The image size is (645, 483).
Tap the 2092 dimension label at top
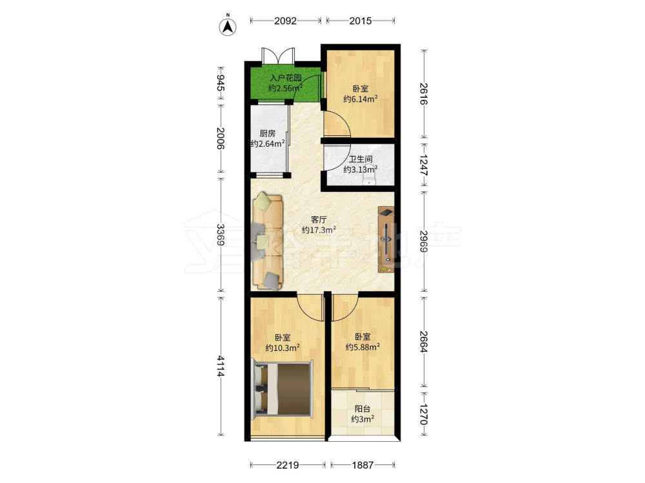point(286,21)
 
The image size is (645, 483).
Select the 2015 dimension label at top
point(361,21)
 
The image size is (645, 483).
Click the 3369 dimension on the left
point(220,235)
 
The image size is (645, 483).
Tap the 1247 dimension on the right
point(424,166)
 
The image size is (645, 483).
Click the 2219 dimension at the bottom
point(288,465)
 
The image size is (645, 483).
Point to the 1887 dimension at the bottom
point(362,465)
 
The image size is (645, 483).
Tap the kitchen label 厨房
point(268,133)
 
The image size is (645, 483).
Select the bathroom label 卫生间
point(361,159)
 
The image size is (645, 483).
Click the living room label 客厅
point(319,220)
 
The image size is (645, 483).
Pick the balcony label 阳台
point(362,409)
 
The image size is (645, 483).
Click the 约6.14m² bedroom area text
point(361,99)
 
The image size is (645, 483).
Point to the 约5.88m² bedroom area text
point(362,348)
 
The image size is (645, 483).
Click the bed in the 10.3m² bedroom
point(283,388)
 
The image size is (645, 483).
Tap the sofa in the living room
point(268,241)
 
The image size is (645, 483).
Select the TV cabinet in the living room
point(386,240)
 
